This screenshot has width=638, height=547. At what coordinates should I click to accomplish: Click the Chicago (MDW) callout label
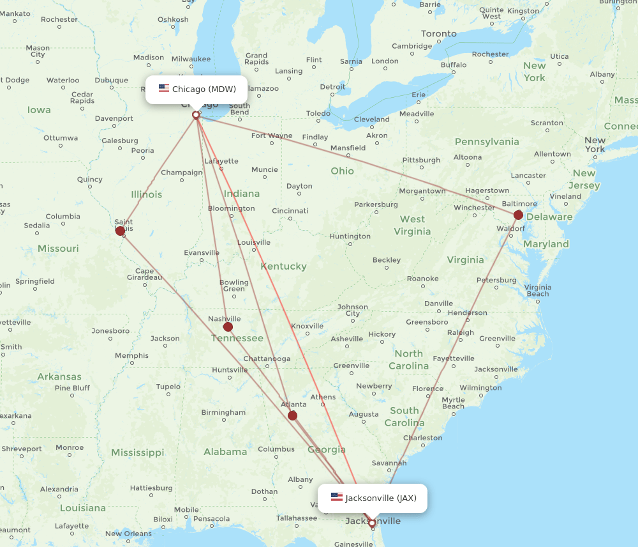(197, 89)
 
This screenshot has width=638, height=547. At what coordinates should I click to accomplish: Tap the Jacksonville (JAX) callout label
(373, 498)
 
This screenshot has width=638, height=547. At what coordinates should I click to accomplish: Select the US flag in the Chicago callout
(164, 89)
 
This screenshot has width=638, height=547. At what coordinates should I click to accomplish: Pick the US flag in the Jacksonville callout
(336, 497)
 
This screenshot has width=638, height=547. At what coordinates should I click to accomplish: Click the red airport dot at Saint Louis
(120, 231)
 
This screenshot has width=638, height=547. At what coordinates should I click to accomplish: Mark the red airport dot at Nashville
(228, 327)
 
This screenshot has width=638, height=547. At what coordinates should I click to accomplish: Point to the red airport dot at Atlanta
(292, 415)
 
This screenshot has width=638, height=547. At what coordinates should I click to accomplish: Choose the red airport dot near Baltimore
(518, 215)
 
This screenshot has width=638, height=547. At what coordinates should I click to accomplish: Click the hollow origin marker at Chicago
(197, 115)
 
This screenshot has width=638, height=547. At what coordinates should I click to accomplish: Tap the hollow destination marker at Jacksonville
(372, 523)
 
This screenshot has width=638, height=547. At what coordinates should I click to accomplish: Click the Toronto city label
(438, 33)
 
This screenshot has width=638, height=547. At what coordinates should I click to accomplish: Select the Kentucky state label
(283, 266)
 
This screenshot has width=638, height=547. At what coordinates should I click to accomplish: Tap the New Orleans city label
(128, 534)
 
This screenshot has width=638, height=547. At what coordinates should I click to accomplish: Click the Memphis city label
(131, 355)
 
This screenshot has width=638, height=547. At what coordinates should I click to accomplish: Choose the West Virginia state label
(412, 225)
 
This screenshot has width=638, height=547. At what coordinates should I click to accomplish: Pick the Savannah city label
(389, 463)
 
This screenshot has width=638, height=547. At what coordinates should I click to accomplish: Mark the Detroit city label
(332, 86)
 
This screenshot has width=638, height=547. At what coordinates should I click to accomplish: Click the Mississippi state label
(137, 452)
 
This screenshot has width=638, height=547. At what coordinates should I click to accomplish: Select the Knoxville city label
(307, 326)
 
